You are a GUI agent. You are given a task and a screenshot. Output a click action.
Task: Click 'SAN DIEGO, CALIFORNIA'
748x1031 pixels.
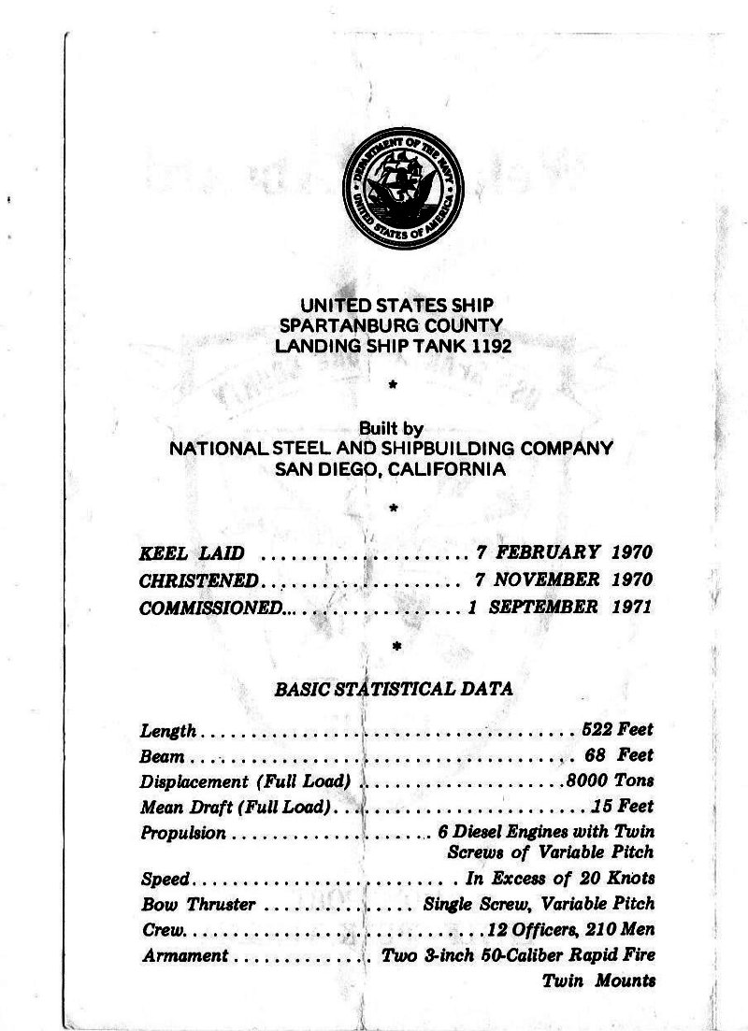pos(390,469)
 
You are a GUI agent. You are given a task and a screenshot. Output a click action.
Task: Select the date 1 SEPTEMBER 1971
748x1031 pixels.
pos(560,607)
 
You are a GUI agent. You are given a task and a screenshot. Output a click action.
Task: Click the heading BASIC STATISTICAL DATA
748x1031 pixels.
pos(394,690)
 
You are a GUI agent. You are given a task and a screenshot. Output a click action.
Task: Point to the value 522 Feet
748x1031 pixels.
pos(617,729)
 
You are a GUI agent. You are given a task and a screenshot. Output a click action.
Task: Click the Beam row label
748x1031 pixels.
pos(161,755)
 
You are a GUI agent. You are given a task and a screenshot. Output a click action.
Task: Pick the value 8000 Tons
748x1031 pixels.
pos(610,780)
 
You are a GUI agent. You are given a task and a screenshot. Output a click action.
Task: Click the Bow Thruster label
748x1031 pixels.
pos(195,905)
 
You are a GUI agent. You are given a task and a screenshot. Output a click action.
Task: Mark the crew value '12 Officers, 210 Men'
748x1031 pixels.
pos(570,931)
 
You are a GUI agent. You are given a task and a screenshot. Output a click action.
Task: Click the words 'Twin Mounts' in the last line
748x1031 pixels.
pos(598,981)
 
